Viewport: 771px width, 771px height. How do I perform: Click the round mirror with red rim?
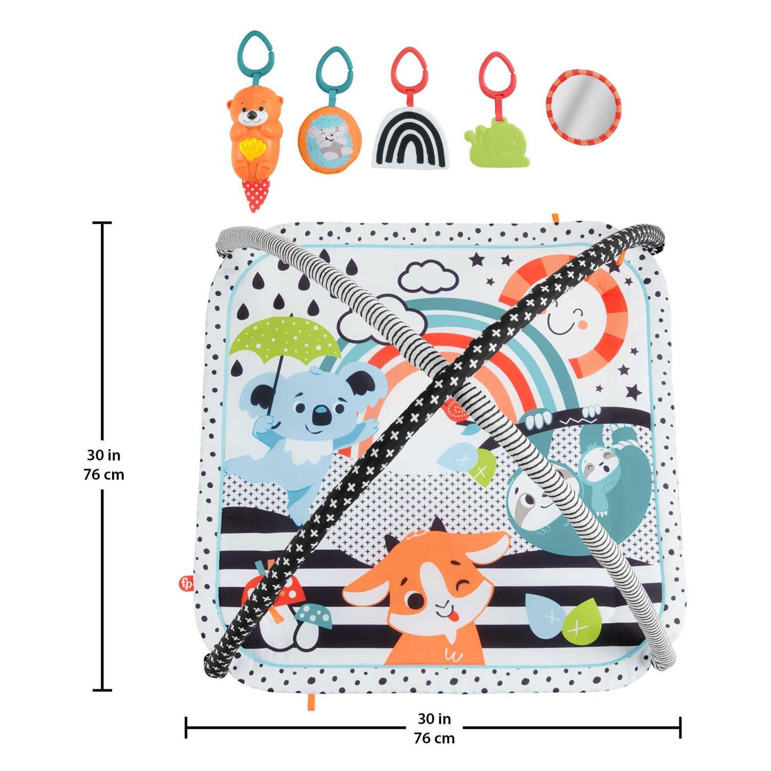[583, 105]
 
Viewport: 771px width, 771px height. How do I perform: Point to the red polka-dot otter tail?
[256, 194]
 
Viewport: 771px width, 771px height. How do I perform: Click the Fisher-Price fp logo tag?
[186, 583]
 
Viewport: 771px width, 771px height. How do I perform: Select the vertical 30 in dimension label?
[103, 455]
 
